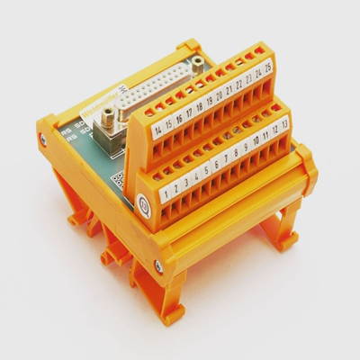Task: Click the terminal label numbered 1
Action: (166, 192)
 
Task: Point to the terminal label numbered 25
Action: (268, 67)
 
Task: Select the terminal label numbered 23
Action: (248, 77)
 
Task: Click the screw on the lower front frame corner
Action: (159, 265)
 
